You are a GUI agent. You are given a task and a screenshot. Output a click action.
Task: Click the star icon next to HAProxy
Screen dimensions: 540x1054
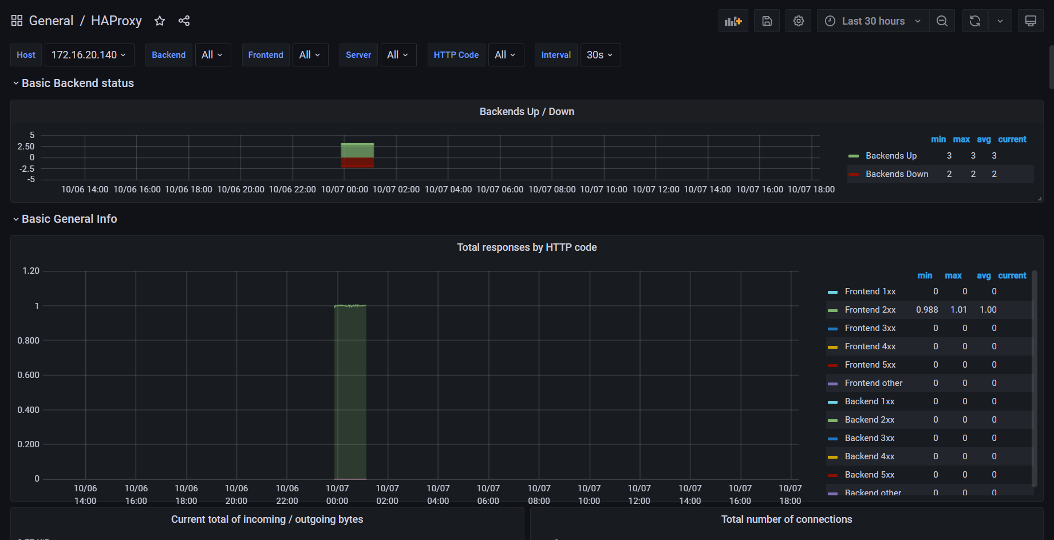pos(160,21)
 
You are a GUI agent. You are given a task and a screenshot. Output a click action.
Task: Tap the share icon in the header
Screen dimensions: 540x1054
pos(184,21)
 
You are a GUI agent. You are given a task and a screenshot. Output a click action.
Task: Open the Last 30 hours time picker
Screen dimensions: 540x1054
pos(873,21)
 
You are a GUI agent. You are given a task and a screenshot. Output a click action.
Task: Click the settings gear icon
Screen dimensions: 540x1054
pos(798,21)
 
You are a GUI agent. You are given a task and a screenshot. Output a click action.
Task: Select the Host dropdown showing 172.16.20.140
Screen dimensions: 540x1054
pos(89,55)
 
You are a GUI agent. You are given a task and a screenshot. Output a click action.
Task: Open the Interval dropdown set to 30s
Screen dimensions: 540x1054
pos(600,55)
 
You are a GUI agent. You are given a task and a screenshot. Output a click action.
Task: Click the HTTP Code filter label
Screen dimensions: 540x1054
pos(456,55)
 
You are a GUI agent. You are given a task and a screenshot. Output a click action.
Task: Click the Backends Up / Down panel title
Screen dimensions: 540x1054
pos(527,112)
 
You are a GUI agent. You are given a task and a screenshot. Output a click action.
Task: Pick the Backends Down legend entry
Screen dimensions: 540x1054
pos(897,174)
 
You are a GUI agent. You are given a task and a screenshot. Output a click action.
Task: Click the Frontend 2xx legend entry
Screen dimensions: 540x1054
pos(870,310)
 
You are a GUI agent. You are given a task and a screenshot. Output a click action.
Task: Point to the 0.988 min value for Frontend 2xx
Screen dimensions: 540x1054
pos(927,310)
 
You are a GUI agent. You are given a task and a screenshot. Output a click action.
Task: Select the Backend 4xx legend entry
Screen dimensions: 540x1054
pos(869,456)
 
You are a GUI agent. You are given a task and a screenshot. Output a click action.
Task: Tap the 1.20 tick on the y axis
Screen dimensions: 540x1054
pos(31,271)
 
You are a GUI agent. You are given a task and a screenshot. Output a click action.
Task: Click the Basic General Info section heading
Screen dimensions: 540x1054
pos(69,219)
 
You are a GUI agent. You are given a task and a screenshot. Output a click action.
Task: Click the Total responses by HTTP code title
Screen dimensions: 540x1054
pos(527,247)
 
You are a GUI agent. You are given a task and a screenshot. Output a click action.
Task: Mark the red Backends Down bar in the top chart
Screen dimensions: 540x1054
pos(357,163)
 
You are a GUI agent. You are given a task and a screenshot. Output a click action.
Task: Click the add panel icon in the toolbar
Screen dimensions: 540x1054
pos(733,21)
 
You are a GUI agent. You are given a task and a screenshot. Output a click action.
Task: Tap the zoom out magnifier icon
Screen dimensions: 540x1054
pos(942,21)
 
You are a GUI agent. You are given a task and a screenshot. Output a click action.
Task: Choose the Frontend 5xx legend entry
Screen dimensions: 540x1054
pos(870,365)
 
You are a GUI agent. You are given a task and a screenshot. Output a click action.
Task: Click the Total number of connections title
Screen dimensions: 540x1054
pos(786,519)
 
